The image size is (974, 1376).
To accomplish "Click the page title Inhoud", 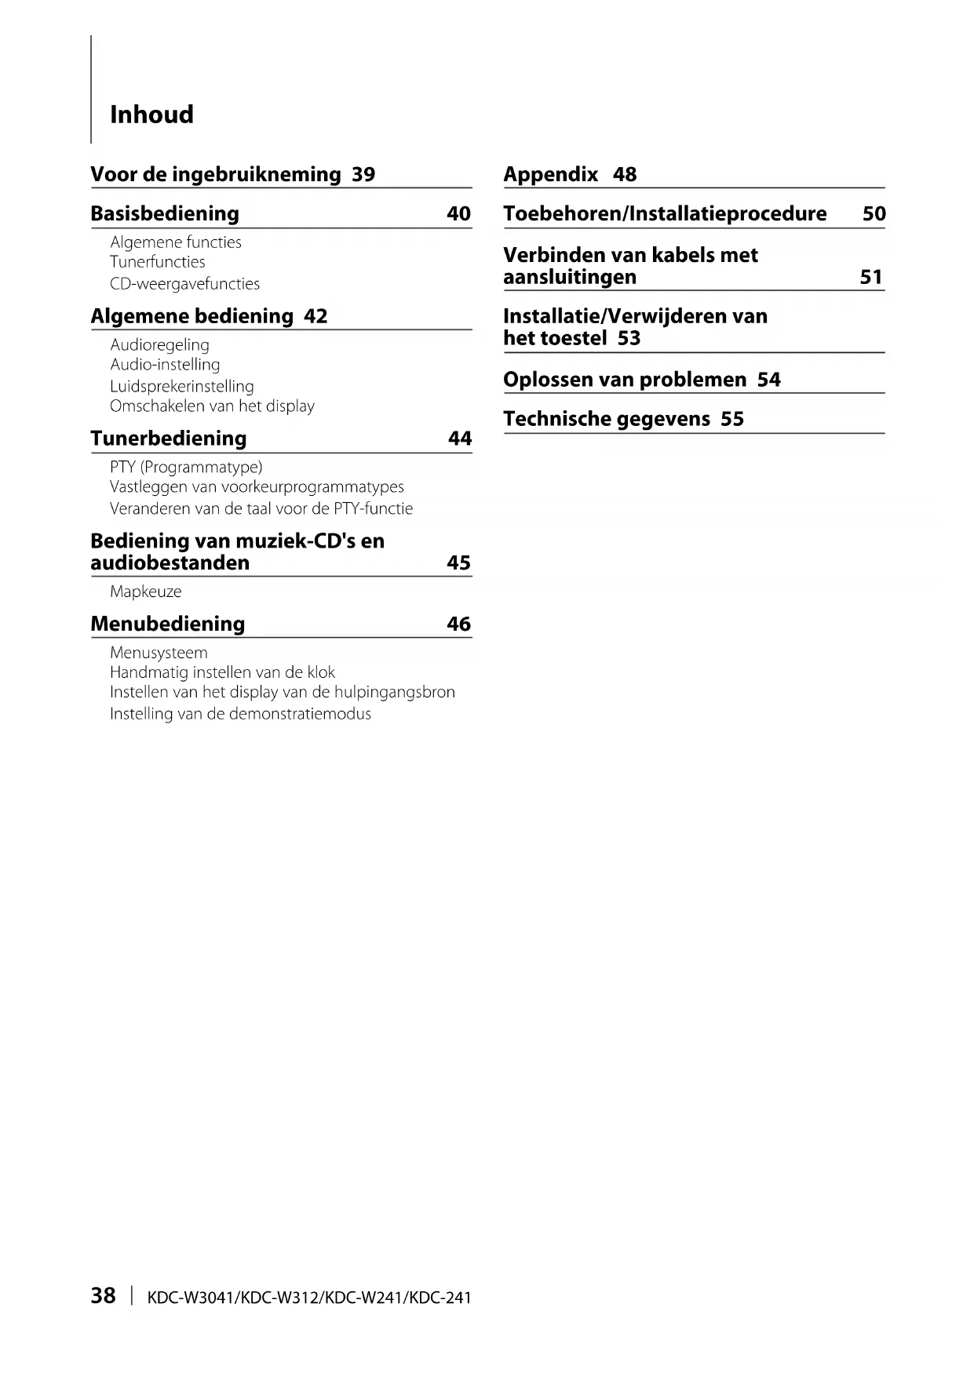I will tap(151, 115).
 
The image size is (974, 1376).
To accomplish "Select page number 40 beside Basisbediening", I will tap(458, 213).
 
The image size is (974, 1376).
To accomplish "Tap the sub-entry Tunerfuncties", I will tap(157, 262).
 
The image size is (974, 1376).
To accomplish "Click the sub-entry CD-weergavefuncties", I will tap(184, 283).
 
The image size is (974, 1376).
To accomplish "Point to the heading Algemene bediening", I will tap(192, 316).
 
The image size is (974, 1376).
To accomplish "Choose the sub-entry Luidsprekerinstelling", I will tap(181, 386).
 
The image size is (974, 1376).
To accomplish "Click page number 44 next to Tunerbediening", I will tap(460, 439).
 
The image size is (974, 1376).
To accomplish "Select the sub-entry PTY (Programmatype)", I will tap(186, 467).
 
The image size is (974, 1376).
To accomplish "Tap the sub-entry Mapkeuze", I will tap(145, 592).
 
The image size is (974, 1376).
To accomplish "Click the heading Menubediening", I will tap(168, 624).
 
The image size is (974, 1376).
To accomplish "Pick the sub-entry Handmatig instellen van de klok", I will tap(222, 672).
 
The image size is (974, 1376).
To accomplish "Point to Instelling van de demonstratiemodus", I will tap(240, 714).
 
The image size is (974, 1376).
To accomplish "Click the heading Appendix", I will tap(550, 174).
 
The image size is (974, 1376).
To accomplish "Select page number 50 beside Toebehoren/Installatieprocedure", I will tap(874, 213).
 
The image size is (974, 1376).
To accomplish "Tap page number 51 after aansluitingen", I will tap(871, 277).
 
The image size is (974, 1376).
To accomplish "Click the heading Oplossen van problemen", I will tap(625, 380).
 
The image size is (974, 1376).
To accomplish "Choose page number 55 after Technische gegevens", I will tap(732, 419).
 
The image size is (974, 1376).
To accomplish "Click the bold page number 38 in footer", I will tap(103, 1295).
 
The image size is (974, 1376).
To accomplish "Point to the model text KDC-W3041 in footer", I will tap(192, 1298).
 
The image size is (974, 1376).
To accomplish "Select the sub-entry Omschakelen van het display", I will tap(212, 406).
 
